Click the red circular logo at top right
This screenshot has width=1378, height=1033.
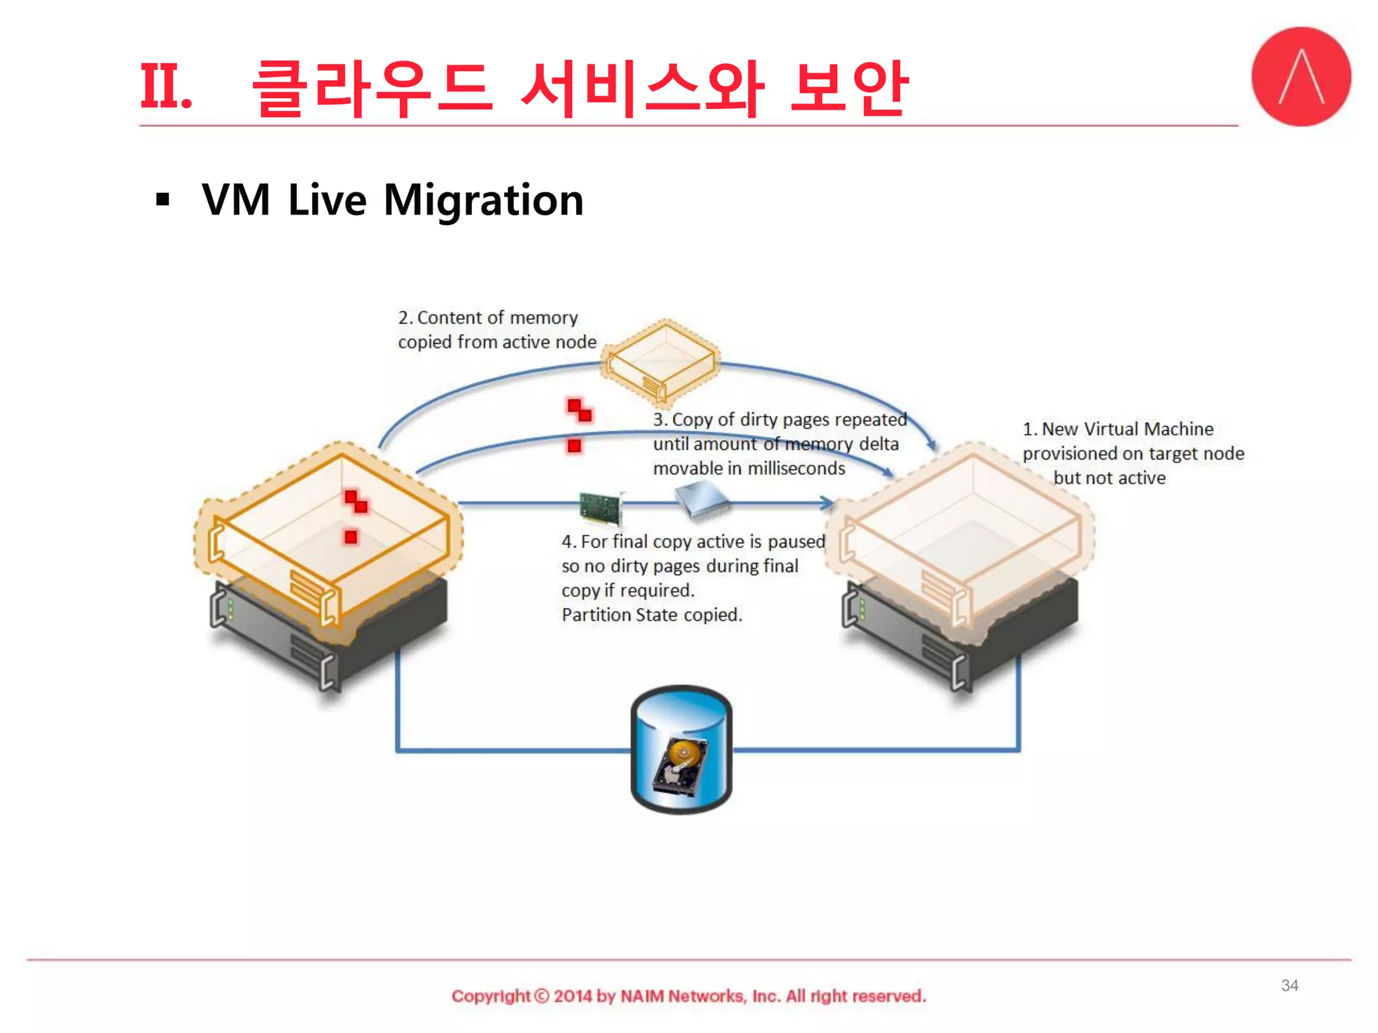pos(1301,76)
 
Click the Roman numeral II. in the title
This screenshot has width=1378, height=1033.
pos(166,86)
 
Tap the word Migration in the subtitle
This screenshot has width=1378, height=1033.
pos(483,200)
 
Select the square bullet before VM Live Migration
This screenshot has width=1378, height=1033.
pos(163,200)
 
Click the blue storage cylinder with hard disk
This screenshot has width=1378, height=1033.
pos(681,749)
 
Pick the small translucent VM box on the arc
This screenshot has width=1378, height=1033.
pos(661,360)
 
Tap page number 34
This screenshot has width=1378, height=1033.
pos(1289,985)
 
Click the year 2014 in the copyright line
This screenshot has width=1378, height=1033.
pos(573,996)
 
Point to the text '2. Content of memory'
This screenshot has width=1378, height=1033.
pos(488,317)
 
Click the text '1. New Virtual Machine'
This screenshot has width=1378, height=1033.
pos(1118,429)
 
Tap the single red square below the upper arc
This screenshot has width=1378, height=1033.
pos(574,445)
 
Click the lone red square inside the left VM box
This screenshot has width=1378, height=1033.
pos(351,537)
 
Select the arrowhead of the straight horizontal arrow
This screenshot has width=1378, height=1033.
pos(826,502)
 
